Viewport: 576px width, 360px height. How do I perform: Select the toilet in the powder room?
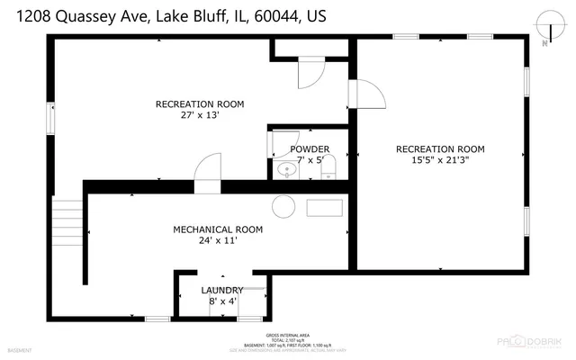(x=329, y=166)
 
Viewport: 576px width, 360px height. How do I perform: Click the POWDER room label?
(x=309, y=148)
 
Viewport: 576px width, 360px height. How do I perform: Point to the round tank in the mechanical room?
(x=283, y=206)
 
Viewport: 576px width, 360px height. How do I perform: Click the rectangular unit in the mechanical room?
(x=324, y=208)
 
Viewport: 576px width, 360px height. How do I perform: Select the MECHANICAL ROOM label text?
(x=218, y=229)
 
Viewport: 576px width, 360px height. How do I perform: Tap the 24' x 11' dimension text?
(x=218, y=241)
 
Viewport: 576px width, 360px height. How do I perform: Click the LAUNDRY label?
(x=221, y=290)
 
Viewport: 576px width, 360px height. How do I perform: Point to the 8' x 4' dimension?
(x=221, y=301)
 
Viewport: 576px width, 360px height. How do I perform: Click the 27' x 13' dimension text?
(x=200, y=115)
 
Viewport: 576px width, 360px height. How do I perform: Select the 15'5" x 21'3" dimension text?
(x=441, y=161)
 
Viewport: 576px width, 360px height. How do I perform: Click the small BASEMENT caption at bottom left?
(x=20, y=349)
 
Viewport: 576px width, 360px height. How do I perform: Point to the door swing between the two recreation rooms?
(x=367, y=93)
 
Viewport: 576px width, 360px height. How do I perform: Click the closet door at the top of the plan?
(x=310, y=71)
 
